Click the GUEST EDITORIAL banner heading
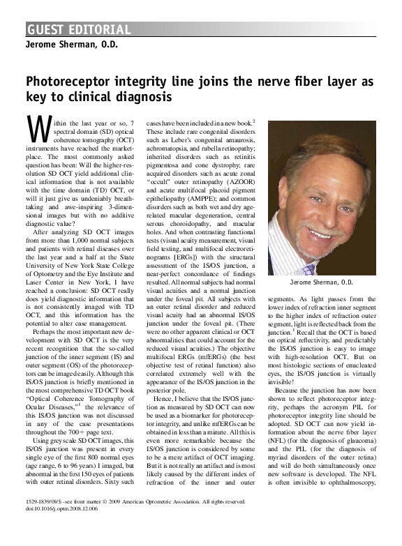point(79,29)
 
